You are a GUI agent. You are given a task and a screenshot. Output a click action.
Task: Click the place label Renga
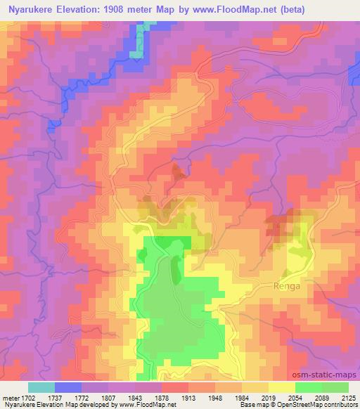point(286,286)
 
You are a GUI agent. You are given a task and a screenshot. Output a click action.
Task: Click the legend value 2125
point(347,397)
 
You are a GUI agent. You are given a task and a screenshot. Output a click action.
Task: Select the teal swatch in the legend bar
point(41,387)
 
